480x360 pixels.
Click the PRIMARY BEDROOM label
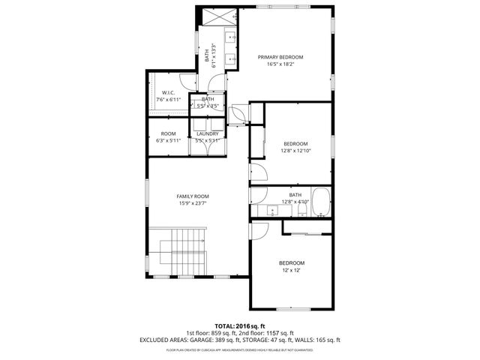point(281,57)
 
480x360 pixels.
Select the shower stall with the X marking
point(218,18)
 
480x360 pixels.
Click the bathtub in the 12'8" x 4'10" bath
point(320,201)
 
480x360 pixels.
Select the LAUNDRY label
point(207,133)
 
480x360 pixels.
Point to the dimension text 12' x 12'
point(292,270)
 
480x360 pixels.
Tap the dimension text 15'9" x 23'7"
point(192,203)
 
